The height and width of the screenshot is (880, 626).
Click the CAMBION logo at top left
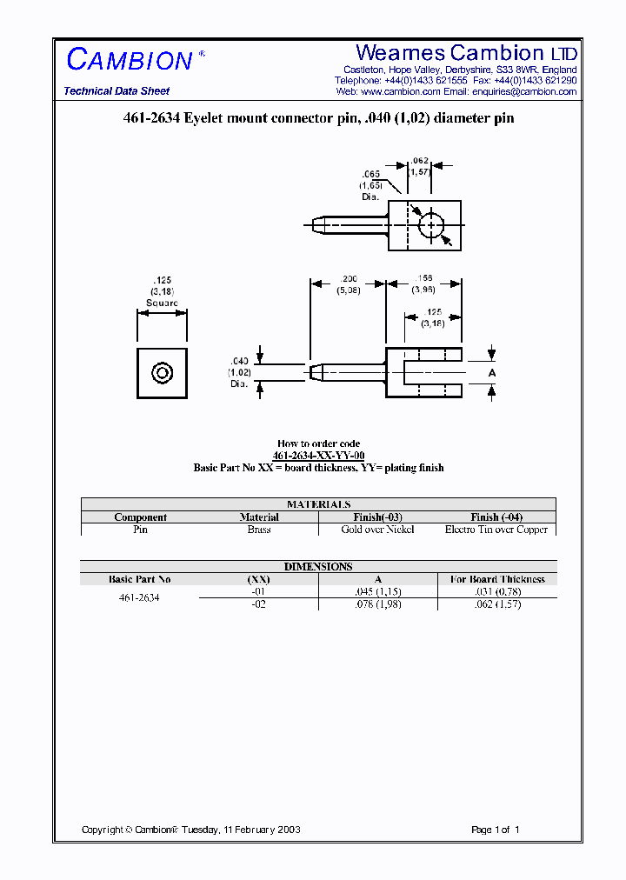point(130,60)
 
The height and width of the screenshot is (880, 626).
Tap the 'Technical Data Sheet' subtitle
point(117,91)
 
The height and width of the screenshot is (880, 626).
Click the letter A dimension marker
point(492,372)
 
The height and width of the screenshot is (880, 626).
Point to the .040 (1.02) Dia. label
point(239,371)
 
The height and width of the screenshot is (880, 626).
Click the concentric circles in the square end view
point(162,373)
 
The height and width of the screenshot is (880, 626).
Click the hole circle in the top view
point(431,225)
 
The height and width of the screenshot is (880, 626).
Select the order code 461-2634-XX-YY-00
point(318,456)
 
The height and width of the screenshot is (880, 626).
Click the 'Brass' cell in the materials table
point(258,530)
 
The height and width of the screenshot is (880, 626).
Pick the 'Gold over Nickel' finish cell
point(377,530)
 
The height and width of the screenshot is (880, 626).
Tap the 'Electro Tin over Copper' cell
point(496,530)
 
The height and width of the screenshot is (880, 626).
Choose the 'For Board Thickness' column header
point(496,579)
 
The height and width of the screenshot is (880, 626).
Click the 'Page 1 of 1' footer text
point(495,830)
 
